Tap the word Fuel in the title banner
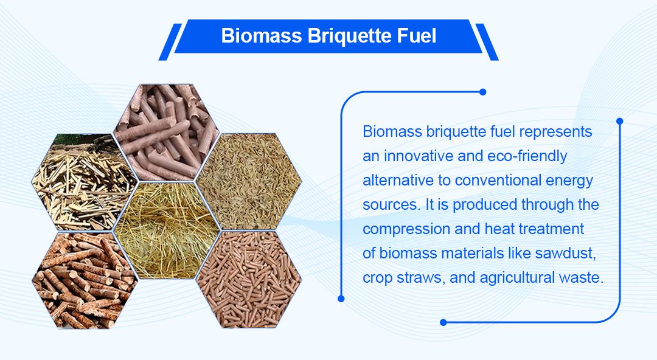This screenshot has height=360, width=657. (417, 36)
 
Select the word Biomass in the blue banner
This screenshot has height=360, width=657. (262, 36)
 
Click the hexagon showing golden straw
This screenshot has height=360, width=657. (167, 230)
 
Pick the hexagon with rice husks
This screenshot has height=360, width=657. (249, 181)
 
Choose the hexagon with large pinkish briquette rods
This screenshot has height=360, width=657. (167, 133)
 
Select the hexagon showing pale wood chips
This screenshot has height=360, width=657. (84, 182)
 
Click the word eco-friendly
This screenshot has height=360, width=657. (527, 156)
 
